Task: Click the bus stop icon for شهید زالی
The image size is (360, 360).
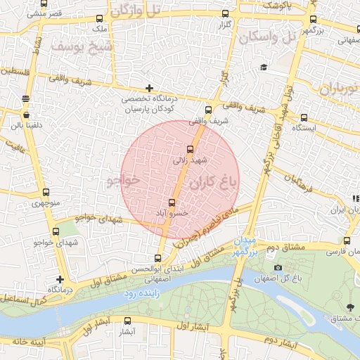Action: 190,149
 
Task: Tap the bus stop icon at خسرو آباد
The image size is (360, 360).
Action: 173,203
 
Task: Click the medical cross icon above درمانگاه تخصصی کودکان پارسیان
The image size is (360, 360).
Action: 149,88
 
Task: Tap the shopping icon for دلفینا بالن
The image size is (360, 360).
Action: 26,115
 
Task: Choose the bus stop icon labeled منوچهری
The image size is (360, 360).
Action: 46,193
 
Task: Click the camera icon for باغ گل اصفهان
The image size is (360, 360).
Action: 278,267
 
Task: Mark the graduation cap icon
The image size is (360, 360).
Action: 264,67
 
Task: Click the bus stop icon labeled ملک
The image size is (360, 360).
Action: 99,19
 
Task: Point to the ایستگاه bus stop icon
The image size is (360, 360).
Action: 304,117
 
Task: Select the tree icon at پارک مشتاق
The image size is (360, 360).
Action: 349,307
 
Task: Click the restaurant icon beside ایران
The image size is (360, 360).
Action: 356,200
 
